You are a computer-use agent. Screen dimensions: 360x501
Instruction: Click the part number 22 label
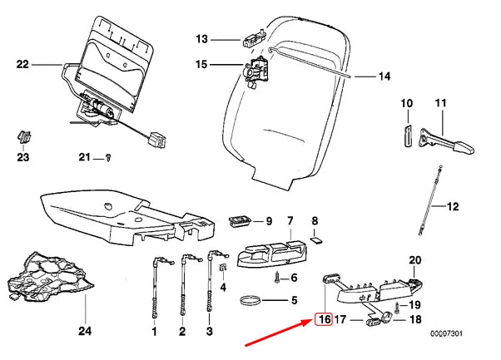(x=22, y=63)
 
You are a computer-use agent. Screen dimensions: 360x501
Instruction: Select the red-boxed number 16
(x=323, y=318)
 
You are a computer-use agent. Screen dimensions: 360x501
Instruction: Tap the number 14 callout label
(x=384, y=76)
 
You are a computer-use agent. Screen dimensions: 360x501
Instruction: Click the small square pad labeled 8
(x=315, y=240)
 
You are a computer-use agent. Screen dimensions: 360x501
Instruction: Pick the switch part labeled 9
(x=241, y=222)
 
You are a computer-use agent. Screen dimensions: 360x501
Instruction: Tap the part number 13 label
(x=201, y=38)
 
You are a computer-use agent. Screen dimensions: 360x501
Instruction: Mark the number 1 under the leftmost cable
(x=154, y=332)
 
